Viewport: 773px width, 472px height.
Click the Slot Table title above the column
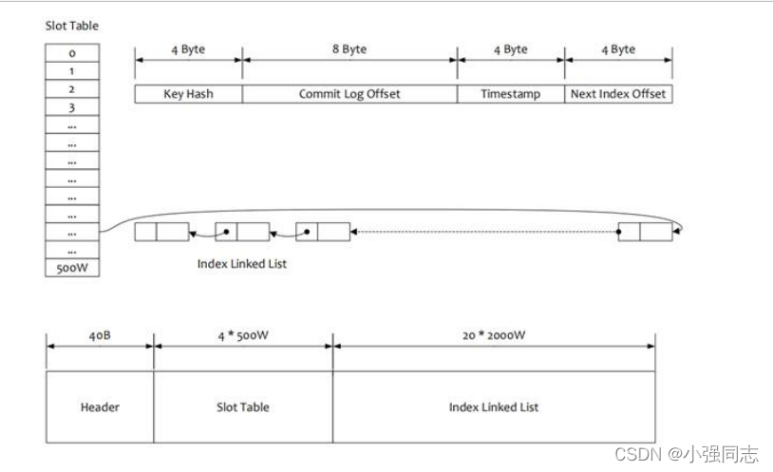[72, 26]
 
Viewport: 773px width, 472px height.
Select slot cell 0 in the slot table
[72, 53]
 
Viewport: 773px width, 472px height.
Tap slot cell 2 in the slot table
[72, 89]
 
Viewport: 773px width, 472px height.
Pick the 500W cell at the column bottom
[72, 268]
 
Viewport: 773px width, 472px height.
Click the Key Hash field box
[188, 94]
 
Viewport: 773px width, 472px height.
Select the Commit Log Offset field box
[349, 94]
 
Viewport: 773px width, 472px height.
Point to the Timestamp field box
[510, 94]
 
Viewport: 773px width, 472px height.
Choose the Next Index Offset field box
[618, 94]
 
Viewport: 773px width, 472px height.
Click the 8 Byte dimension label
[349, 49]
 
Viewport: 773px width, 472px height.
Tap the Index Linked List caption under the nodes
[241, 263]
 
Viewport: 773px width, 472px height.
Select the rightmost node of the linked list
[644, 232]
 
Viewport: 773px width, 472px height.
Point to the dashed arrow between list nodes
[484, 232]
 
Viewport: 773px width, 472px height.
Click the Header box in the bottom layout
[100, 406]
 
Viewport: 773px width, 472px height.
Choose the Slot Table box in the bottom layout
[243, 406]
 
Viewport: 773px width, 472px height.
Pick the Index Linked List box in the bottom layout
[494, 406]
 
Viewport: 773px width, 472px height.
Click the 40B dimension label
[100, 334]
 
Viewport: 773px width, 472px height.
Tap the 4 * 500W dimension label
[243, 334]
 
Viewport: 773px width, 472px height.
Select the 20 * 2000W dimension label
[494, 334]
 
